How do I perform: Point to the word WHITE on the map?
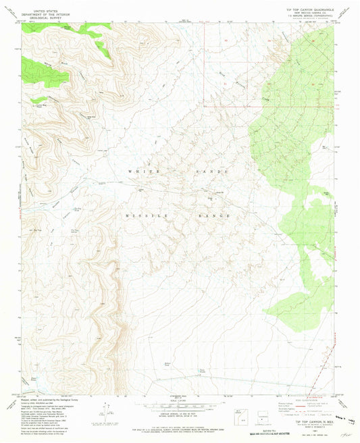(140, 173)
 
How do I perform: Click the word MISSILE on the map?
(141, 214)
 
